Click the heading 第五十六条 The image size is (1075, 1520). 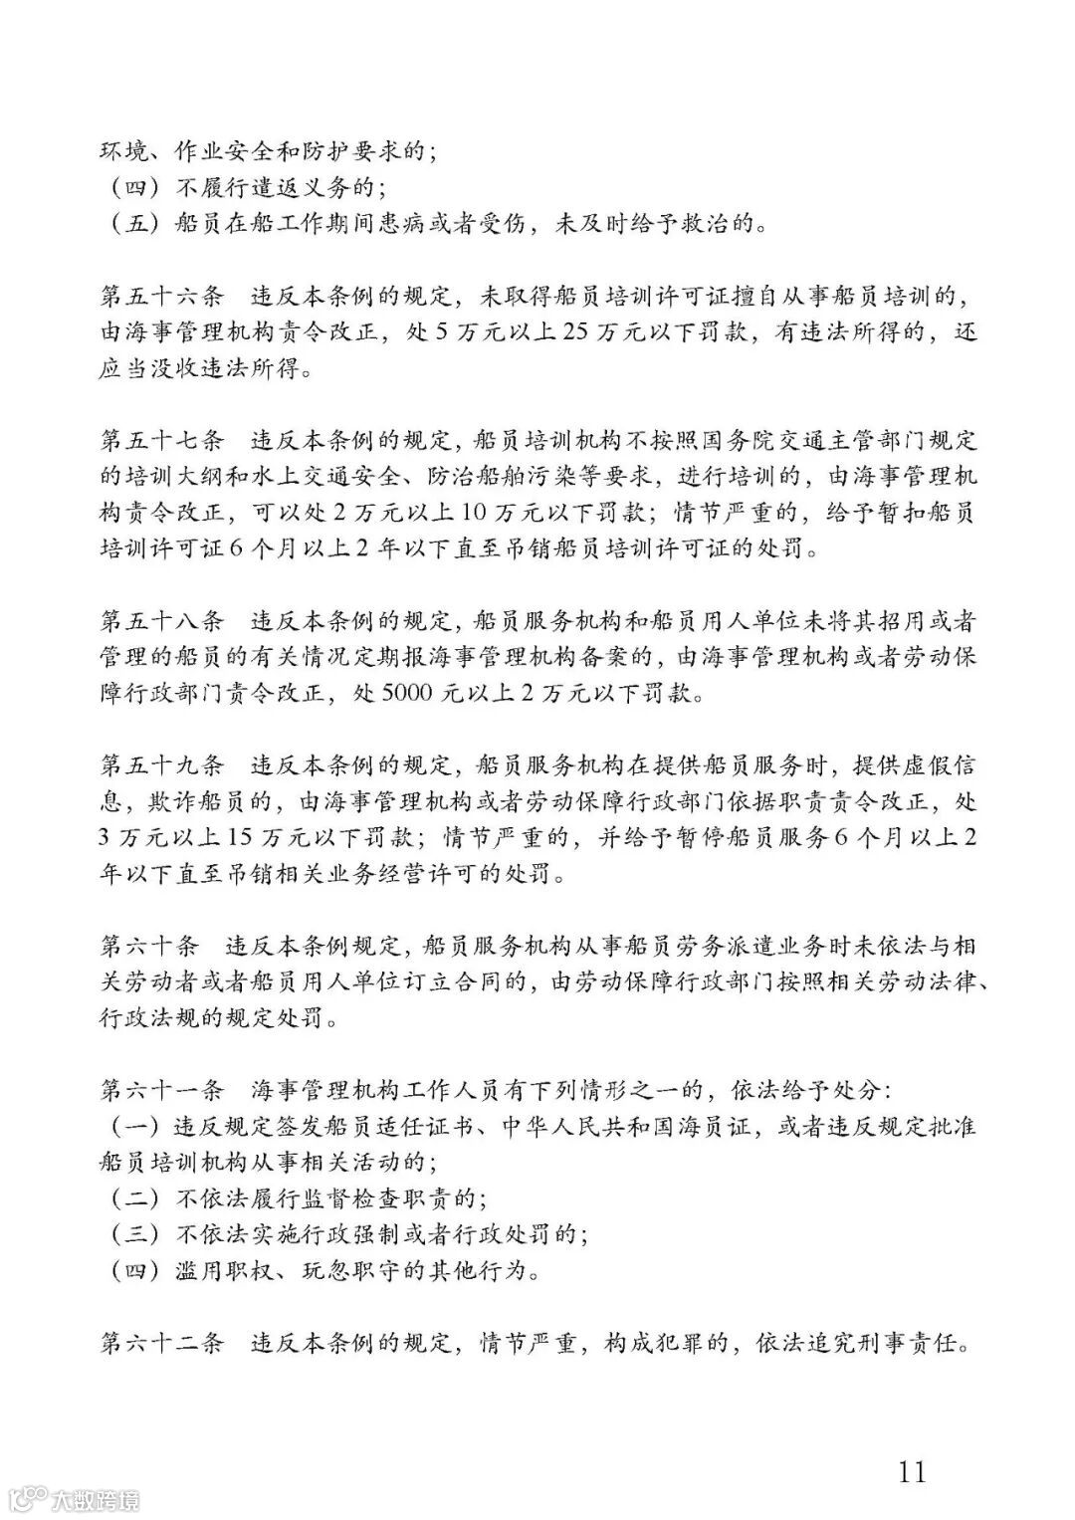pos(162,296)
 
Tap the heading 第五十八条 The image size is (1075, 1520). pos(162,621)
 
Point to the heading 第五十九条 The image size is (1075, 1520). pos(162,765)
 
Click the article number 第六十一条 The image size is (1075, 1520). pos(162,1090)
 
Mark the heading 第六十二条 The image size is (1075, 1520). pos(162,1344)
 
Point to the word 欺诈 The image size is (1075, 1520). pos(170,802)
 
